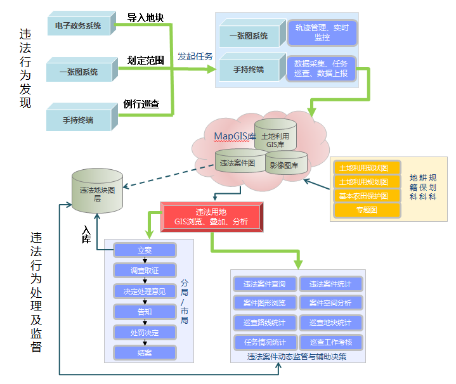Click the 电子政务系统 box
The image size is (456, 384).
point(79,26)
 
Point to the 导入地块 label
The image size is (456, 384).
point(145,18)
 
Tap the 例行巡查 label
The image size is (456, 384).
point(141,103)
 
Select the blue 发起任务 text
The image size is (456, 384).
point(195,56)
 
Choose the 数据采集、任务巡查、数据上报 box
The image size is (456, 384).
point(322,68)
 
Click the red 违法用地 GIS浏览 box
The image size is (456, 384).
point(212,217)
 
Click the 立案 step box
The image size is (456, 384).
point(145,250)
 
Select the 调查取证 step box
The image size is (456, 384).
point(145,271)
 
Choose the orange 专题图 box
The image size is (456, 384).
point(367,209)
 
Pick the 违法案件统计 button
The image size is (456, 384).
point(330,284)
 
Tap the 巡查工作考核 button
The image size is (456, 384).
point(330,342)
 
